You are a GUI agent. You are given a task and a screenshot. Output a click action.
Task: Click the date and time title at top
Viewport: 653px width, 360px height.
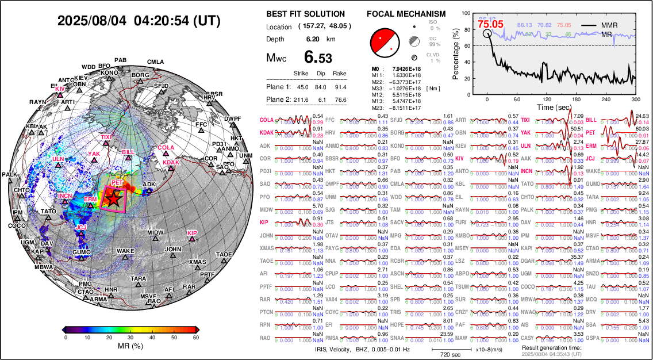point(139,21)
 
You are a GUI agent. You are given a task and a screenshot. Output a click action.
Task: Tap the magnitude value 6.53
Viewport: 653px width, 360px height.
point(318,58)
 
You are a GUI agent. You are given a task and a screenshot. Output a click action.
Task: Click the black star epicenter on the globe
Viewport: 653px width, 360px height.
point(114,199)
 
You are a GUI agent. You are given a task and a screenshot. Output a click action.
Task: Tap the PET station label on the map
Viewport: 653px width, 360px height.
point(117,183)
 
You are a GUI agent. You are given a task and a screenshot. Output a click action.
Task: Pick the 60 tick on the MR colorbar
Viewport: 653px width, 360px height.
point(196,338)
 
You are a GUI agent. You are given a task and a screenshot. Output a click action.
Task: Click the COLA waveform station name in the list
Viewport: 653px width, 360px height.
point(266,120)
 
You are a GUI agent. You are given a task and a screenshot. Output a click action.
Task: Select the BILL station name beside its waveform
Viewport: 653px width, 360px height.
point(591,120)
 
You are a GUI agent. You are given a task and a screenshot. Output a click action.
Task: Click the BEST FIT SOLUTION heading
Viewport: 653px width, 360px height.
point(306,14)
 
